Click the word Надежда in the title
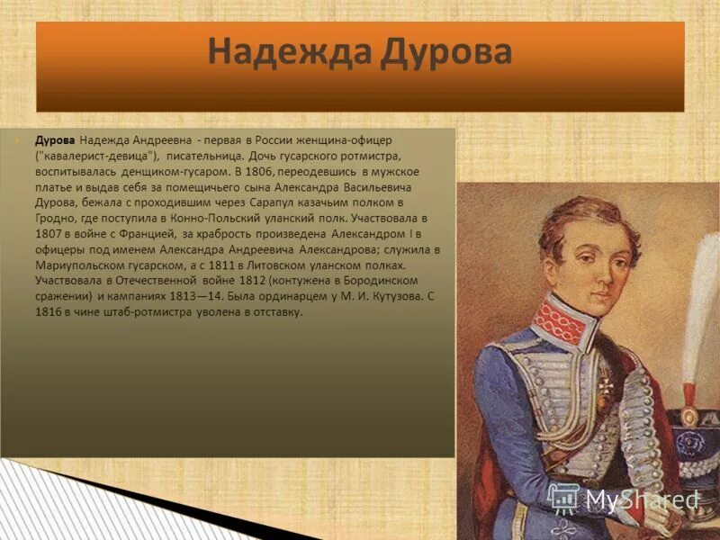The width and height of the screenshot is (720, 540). tap(279, 51)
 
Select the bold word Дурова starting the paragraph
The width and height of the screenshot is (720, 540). tap(54, 140)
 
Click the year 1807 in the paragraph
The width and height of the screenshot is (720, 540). tap(50, 233)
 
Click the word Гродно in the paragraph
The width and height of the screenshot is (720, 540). tap(55, 217)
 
